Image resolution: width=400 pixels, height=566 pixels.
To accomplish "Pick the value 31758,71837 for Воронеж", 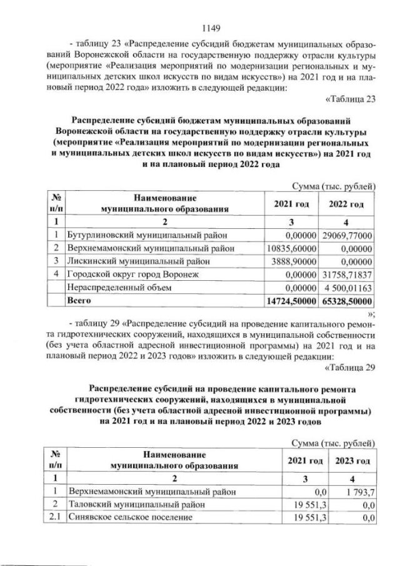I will click(x=347, y=274).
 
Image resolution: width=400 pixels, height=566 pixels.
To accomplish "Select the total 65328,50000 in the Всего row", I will click(x=347, y=301).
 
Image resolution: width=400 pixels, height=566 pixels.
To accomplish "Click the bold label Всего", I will click(x=79, y=301).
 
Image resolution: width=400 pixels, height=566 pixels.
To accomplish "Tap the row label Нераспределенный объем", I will click(x=113, y=288).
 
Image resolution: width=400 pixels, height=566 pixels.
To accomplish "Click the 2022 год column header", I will click(x=347, y=204).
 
